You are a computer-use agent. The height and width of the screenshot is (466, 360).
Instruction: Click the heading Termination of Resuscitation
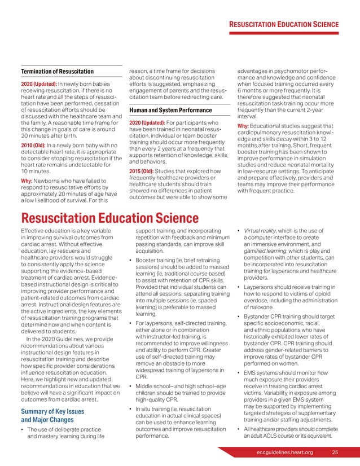(x=57, y=72)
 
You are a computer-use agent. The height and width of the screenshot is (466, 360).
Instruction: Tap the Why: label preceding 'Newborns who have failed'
(x=29, y=181)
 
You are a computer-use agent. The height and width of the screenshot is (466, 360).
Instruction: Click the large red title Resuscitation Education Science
(x=109, y=218)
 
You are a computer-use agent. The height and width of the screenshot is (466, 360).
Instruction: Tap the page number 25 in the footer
(x=335, y=453)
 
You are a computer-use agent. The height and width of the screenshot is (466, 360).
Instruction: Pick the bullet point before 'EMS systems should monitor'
(x=240, y=373)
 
